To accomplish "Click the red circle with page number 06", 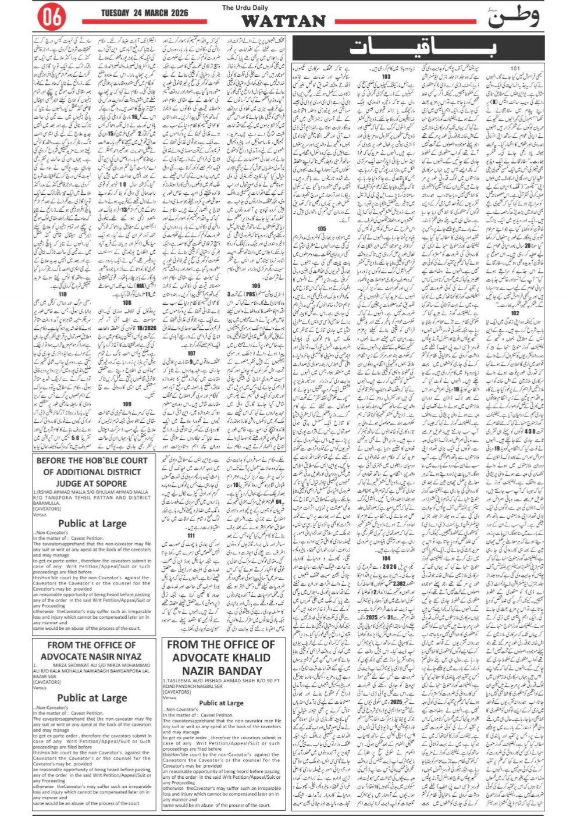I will tap(52, 17).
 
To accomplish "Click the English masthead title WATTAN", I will tap(283, 21).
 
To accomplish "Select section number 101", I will tap(515, 69).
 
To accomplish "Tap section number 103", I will tap(386, 77).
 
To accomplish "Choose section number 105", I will tap(322, 229).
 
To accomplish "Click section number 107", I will tap(191, 354).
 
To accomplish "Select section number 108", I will tap(127, 303).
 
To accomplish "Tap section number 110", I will tap(63, 294).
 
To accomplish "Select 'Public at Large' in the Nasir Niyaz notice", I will tap(92, 698).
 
